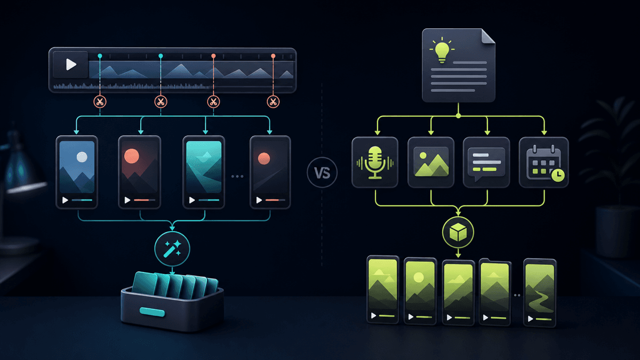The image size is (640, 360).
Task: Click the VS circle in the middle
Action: [322, 172]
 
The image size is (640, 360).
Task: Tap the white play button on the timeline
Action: [71, 65]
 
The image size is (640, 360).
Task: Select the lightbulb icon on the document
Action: [442, 50]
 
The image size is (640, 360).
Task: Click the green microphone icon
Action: [375, 162]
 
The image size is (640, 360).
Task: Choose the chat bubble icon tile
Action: [486, 162]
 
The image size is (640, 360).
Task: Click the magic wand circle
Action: [172, 249]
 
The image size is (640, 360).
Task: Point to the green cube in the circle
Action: [458, 232]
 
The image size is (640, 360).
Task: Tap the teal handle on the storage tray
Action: [152, 312]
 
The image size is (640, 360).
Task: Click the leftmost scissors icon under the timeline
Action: [100, 102]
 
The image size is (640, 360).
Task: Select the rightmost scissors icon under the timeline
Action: [273, 102]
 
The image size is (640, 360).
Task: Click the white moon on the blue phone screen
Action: [82, 157]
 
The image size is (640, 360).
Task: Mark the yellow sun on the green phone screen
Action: [419, 277]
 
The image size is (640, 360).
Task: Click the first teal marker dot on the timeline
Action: [100, 55]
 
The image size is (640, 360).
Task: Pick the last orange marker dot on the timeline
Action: [273, 55]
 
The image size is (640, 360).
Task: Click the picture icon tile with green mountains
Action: [431, 162]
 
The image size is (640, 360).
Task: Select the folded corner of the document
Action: [487, 36]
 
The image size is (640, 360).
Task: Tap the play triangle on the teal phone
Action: [192, 200]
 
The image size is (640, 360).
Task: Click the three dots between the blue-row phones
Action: [237, 177]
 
